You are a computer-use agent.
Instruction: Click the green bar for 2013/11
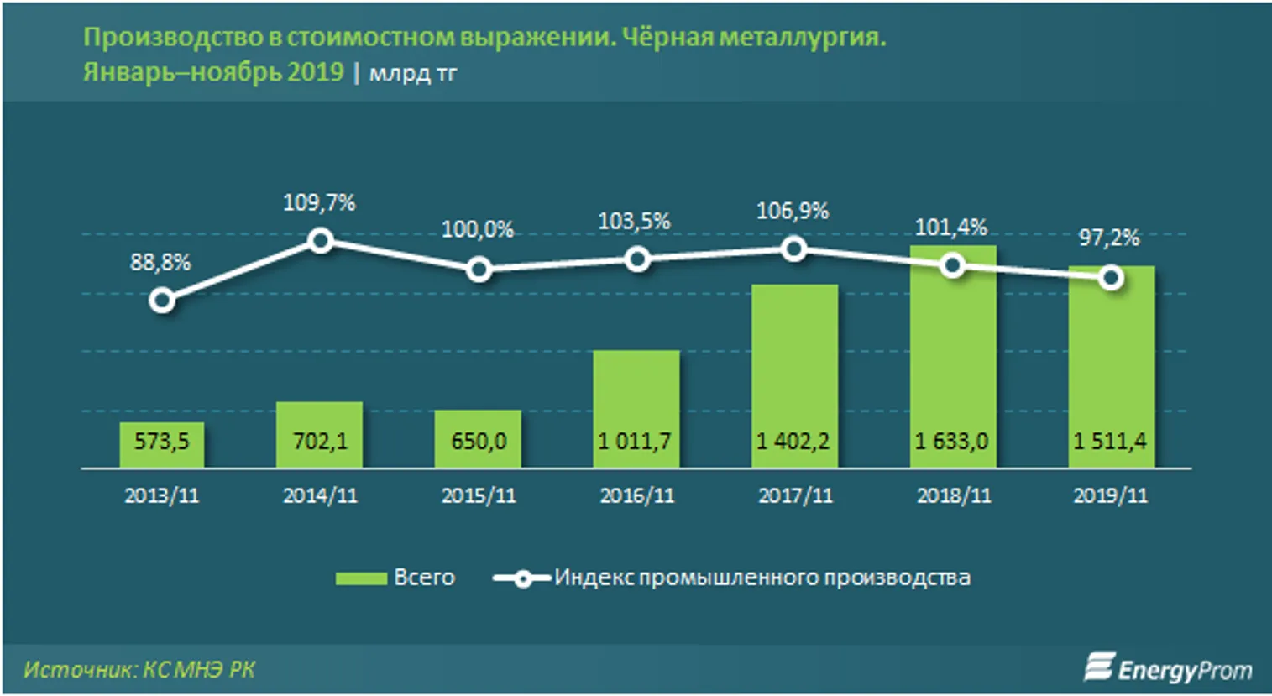coord(161,445)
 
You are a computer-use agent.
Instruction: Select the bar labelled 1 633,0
coord(952,369)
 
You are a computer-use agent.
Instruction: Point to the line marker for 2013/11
coord(161,300)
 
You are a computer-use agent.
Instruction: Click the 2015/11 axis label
coord(479,495)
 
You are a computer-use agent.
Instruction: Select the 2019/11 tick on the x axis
coord(1110,495)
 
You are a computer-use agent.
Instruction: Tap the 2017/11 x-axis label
coord(795,495)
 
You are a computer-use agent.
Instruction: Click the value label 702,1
coord(320,441)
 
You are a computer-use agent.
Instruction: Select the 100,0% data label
coord(478,229)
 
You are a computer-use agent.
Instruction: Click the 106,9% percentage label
coord(793,211)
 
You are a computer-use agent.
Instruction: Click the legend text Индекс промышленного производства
coord(762,578)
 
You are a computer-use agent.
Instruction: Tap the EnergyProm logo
coord(1168,668)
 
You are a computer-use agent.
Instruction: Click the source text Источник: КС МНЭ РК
coord(139,669)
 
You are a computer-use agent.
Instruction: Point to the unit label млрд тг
coord(413,73)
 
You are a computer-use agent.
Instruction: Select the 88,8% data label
coord(160,263)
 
